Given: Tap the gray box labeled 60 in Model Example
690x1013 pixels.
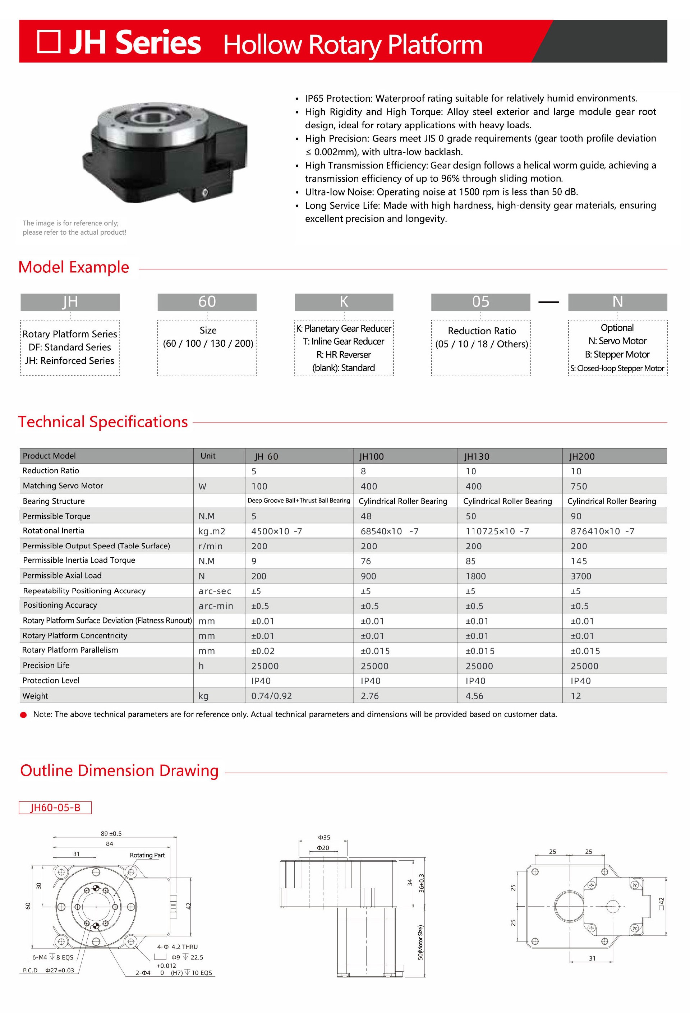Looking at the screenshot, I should pos(207,301).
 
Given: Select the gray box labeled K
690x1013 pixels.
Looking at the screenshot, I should pos(344,301).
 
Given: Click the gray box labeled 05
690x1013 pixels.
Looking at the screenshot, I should pos(480,301).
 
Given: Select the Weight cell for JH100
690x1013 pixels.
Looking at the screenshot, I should pos(370,696).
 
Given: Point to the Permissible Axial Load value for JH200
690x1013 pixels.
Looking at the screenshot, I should pos(581,576).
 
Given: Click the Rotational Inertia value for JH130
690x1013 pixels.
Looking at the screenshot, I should pos(497,531).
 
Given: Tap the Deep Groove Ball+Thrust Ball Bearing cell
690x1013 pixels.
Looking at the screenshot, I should pos(299,501).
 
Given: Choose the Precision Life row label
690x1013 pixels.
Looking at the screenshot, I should pos(46,666).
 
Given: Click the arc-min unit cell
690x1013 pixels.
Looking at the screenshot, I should pos(216,606).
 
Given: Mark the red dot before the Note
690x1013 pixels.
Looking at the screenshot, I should pos(23,715).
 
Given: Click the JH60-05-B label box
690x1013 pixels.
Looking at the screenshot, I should pos(55,808).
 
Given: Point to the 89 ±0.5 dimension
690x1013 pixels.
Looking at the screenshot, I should pos(111,833).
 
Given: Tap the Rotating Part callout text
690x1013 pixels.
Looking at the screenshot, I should pos(147,855).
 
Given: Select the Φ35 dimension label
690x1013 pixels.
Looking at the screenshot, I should pos(324,837).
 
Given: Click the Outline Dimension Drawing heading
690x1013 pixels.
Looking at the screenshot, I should pos(119,771).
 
